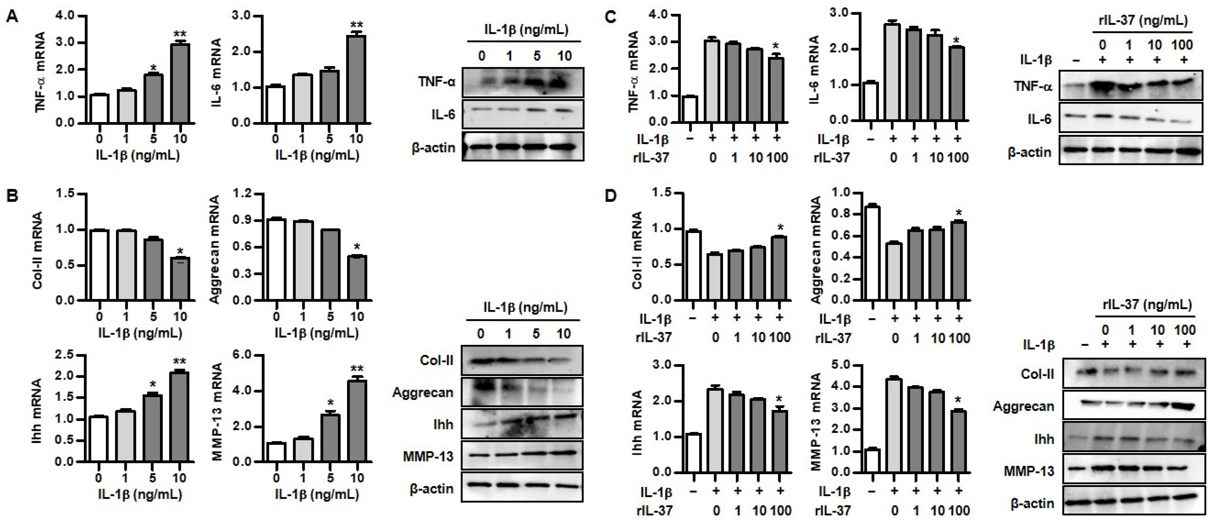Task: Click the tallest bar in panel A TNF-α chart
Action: [180, 83]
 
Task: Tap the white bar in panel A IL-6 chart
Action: [275, 105]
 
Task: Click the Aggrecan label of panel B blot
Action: [423, 392]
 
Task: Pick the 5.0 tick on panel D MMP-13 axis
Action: [841, 365]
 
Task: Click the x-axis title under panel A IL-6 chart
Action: [317, 156]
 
